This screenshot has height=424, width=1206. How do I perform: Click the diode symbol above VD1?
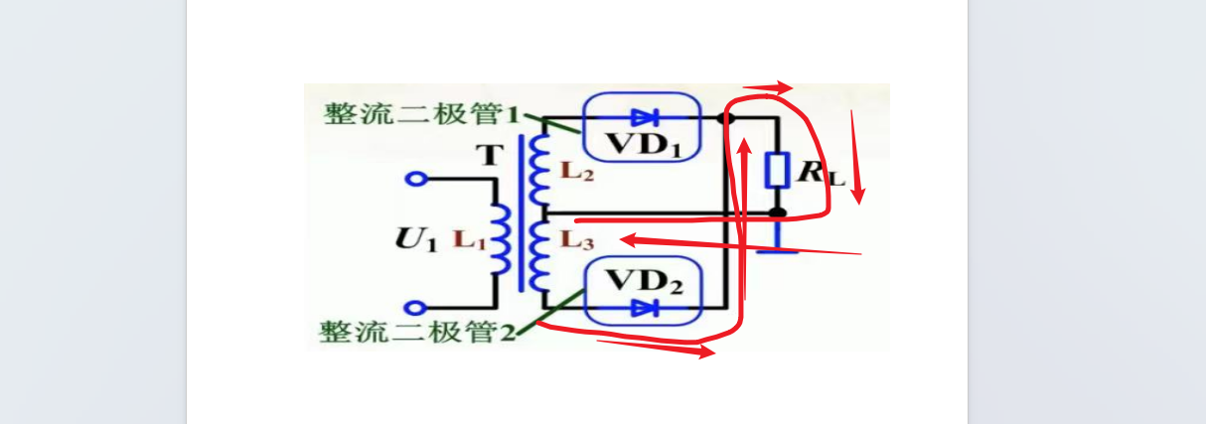[x=645, y=117]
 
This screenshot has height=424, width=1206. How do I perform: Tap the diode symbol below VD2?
[x=645, y=308]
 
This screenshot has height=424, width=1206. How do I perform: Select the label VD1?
[x=644, y=144]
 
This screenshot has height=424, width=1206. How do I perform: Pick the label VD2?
[x=645, y=281]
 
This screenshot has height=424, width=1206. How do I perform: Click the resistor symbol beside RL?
[x=777, y=170]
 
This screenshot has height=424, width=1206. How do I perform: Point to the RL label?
[x=821, y=173]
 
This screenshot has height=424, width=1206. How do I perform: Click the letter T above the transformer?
[x=491, y=156]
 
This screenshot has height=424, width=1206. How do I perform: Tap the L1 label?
[x=470, y=239]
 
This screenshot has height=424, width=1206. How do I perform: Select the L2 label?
[x=577, y=171]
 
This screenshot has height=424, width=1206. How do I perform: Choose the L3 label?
[x=577, y=240]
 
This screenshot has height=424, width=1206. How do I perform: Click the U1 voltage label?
[x=415, y=239]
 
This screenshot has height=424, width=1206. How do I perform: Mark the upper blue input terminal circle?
[x=415, y=179]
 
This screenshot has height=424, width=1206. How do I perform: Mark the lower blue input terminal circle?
[x=415, y=308]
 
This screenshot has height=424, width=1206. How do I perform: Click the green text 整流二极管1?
[x=421, y=114]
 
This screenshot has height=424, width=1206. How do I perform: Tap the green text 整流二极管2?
[x=417, y=332]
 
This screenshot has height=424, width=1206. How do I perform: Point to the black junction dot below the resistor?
[x=777, y=212]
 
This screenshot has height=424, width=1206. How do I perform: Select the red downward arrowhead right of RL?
[x=858, y=196]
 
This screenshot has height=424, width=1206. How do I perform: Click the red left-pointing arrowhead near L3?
[x=630, y=240]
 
